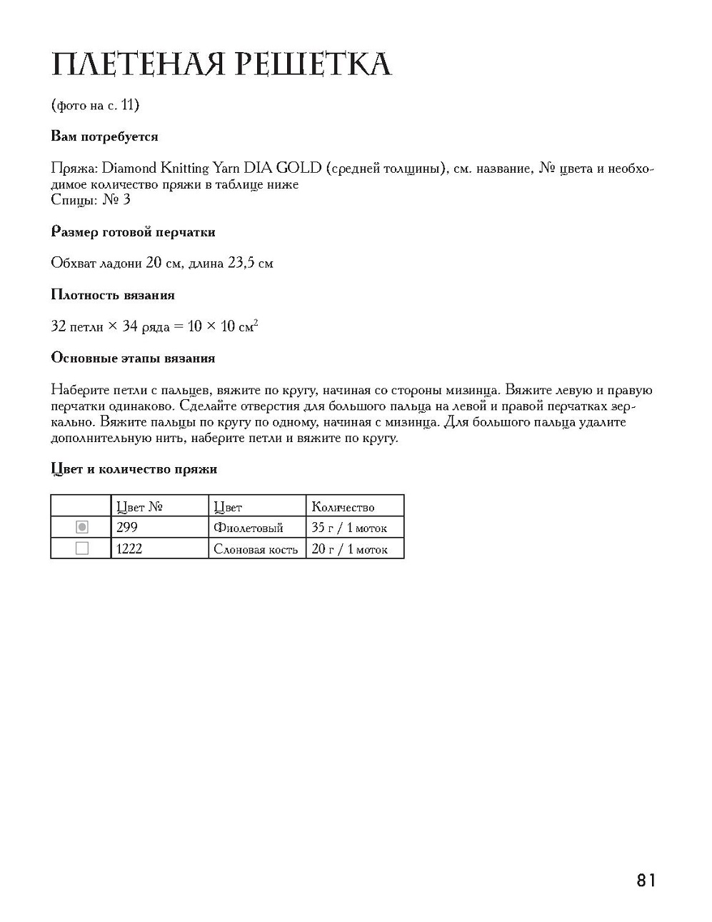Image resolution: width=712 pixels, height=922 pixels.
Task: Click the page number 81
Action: point(646,880)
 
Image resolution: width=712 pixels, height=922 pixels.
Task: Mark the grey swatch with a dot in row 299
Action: point(82,527)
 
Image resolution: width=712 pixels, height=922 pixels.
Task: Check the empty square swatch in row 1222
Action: point(82,548)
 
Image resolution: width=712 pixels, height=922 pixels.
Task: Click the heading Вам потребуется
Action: point(105,136)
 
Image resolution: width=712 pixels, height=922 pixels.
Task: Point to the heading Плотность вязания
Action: point(113,295)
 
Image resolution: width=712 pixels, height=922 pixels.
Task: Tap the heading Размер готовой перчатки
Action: point(133,232)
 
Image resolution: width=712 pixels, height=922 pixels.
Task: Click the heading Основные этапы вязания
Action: point(133,358)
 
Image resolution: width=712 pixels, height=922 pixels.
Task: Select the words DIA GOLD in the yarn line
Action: point(283,169)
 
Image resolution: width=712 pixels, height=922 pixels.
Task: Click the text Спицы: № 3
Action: point(91,200)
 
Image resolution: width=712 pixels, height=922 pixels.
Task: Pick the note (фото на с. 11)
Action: point(95,105)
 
